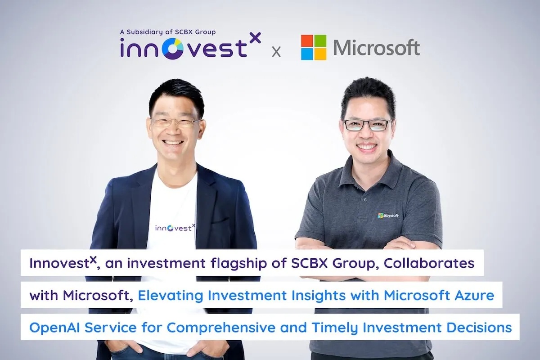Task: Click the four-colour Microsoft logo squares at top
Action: point(313,47)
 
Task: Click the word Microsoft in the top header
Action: point(376,48)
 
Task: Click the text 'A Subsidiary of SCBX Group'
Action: point(168,32)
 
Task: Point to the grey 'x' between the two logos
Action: point(276,52)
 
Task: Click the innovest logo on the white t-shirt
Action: point(175,227)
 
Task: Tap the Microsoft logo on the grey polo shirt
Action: point(388,216)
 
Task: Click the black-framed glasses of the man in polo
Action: point(367,125)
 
